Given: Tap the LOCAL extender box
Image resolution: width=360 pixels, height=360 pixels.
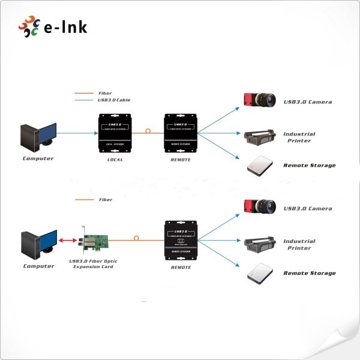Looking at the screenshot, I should pyautogui.click(x=115, y=132).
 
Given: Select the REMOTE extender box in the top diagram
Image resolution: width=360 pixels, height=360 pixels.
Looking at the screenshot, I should pyautogui.click(x=181, y=132).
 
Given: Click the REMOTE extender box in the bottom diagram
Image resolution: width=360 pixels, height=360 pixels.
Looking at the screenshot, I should pyautogui.click(x=181, y=241).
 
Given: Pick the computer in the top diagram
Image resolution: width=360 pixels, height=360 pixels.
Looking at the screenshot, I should pyautogui.click(x=37, y=137).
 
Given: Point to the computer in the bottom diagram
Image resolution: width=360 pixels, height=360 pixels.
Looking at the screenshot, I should pyautogui.click(x=38, y=245).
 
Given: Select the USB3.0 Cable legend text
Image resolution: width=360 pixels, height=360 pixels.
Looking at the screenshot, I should pyautogui.click(x=114, y=100).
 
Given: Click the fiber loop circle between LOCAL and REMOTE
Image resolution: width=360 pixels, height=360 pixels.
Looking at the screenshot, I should pyautogui.click(x=148, y=130).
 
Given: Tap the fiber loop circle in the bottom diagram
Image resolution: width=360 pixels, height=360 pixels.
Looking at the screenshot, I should pyautogui.click(x=137, y=238).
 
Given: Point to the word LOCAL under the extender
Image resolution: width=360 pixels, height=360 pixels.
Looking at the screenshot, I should pyautogui.click(x=115, y=160).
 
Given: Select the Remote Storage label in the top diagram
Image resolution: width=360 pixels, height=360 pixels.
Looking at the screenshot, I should pyautogui.click(x=310, y=166).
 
